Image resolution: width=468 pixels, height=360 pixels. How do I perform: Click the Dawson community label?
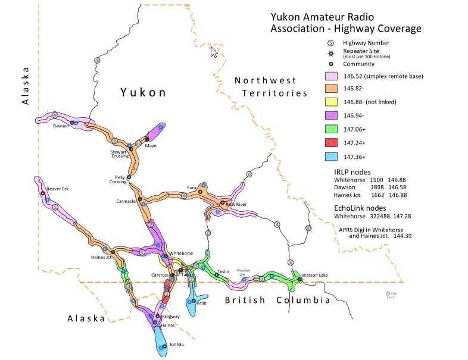[x=60, y=126]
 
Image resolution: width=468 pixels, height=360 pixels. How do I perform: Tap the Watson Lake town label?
[x=314, y=275]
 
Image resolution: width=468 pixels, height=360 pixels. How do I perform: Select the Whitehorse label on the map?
[x=180, y=253]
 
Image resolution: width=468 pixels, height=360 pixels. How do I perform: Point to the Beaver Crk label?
[x=58, y=189]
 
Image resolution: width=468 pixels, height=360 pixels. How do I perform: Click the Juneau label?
[x=176, y=344]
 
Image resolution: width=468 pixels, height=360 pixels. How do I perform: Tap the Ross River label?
[x=236, y=204]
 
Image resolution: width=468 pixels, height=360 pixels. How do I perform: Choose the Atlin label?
[x=201, y=303]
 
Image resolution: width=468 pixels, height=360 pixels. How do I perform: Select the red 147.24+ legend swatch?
[x=331, y=143]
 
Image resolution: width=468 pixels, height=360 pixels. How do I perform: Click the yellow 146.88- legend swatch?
[x=331, y=102]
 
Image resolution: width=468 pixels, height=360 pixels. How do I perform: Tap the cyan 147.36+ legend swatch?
[x=331, y=157]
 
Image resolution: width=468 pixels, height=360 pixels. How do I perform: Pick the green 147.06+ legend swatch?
[x=331, y=130]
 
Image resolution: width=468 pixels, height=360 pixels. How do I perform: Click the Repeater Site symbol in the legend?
[x=330, y=53]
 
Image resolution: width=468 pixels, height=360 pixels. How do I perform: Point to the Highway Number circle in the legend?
[x=330, y=43]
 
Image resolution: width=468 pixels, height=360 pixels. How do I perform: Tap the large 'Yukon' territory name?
[x=142, y=92]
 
